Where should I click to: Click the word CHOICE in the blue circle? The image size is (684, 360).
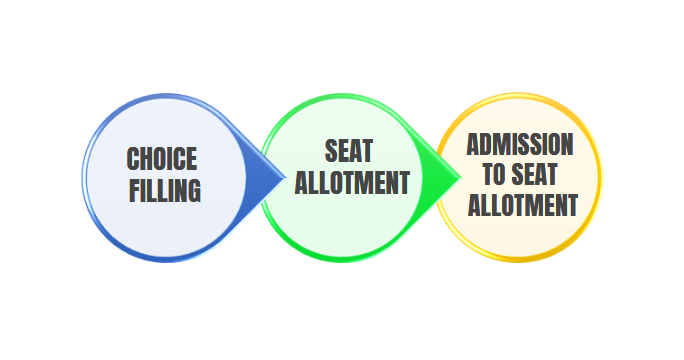(x=162, y=159)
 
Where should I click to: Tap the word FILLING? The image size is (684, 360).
(x=165, y=190)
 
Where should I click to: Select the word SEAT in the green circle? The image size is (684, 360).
(x=349, y=151)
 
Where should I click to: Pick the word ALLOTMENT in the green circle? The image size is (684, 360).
(x=352, y=183)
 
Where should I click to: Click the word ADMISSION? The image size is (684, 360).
(x=520, y=144)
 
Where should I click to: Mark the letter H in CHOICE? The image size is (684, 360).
(x=147, y=159)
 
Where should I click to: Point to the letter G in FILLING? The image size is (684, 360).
(x=194, y=190)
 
